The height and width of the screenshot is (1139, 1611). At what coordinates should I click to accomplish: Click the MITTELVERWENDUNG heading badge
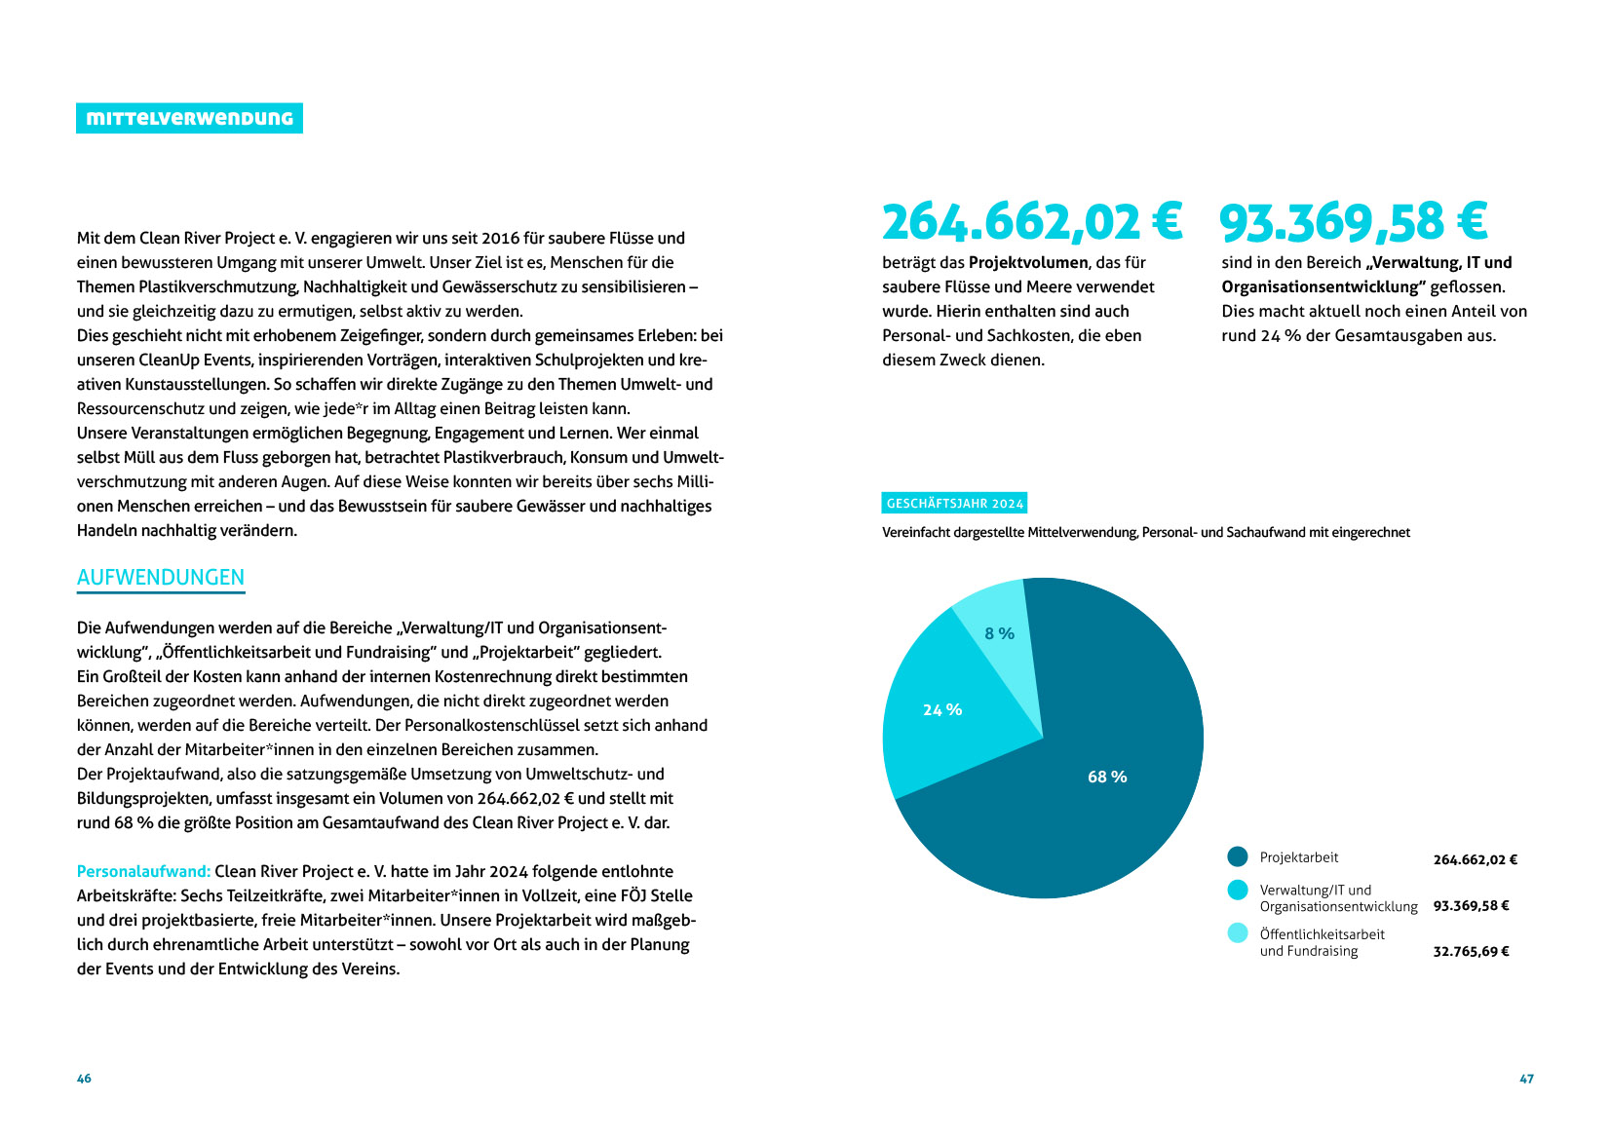click(189, 118)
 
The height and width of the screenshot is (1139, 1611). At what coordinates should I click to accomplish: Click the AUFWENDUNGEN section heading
click(161, 578)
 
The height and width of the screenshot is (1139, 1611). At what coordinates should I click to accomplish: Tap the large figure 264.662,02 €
click(1031, 222)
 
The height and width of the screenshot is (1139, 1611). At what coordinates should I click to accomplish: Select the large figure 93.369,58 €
click(1353, 222)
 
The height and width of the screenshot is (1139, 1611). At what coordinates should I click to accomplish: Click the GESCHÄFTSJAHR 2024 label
click(954, 504)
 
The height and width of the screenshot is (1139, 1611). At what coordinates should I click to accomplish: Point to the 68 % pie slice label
click(1107, 777)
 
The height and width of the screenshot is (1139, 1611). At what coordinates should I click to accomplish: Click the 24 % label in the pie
click(942, 710)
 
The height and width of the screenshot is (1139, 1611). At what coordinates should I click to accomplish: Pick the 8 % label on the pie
click(999, 633)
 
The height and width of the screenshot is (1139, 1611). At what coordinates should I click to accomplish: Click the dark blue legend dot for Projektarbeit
click(1238, 856)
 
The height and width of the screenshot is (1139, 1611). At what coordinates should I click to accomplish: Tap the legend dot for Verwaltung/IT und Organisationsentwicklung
click(1238, 890)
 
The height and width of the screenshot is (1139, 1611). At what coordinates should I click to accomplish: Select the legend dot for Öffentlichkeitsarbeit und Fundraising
click(1238, 932)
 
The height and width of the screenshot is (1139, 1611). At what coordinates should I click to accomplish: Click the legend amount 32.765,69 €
click(1471, 952)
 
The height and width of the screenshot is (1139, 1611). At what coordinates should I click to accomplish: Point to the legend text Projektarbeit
click(1299, 857)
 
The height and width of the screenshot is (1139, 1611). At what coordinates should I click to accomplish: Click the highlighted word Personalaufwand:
click(143, 871)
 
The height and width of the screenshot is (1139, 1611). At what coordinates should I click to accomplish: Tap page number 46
click(84, 1079)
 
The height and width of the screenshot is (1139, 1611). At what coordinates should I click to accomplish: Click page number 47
click(1526, 1079)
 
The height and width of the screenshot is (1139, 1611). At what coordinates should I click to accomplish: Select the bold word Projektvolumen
click(1028, 262)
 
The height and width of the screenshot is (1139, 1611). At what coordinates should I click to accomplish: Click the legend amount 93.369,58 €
click(1471, 906)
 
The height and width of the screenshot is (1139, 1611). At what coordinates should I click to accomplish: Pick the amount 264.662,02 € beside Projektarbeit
click(1475, 859)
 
